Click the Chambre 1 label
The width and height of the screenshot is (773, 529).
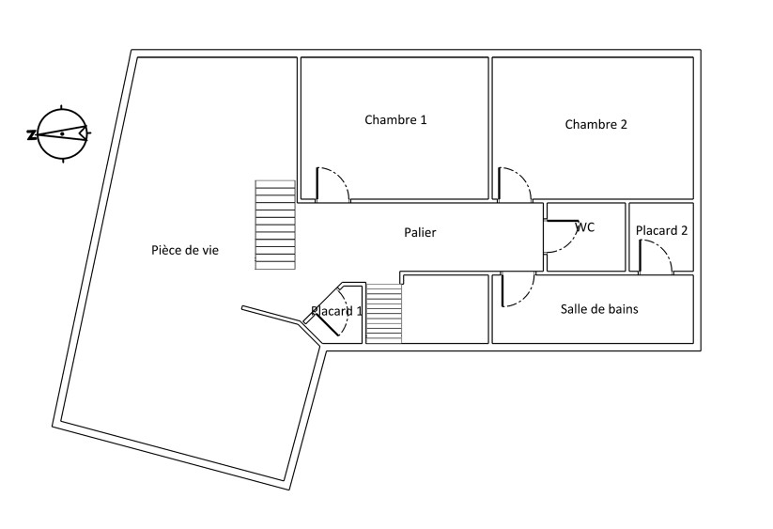(395, 120)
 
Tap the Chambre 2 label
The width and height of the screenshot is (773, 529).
(595, 124)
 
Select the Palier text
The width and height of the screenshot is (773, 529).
(420, 232)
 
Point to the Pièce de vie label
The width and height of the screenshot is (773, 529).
(185, 251)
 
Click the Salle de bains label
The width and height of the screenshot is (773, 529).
(599, 309)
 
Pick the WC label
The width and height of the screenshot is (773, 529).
(586, 226)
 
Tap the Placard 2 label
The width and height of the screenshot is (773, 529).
(661, 230)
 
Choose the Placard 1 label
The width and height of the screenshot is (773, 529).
(336, 311)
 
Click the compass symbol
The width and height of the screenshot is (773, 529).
(63, 133)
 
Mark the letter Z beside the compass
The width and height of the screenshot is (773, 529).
(31, 134)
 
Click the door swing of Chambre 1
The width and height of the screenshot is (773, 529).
(332, 184)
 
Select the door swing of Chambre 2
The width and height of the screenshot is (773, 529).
(515, 184)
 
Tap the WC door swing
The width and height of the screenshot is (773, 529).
(562, 236)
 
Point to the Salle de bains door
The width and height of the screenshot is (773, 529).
(518, 289)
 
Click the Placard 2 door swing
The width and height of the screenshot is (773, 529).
(656, 256)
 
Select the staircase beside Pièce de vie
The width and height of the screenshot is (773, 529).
(275, 225)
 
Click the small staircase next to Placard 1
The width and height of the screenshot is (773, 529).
(384, 313)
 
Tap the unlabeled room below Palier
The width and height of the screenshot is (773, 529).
(445, 309)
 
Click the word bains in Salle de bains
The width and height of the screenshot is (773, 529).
(624, 309)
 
